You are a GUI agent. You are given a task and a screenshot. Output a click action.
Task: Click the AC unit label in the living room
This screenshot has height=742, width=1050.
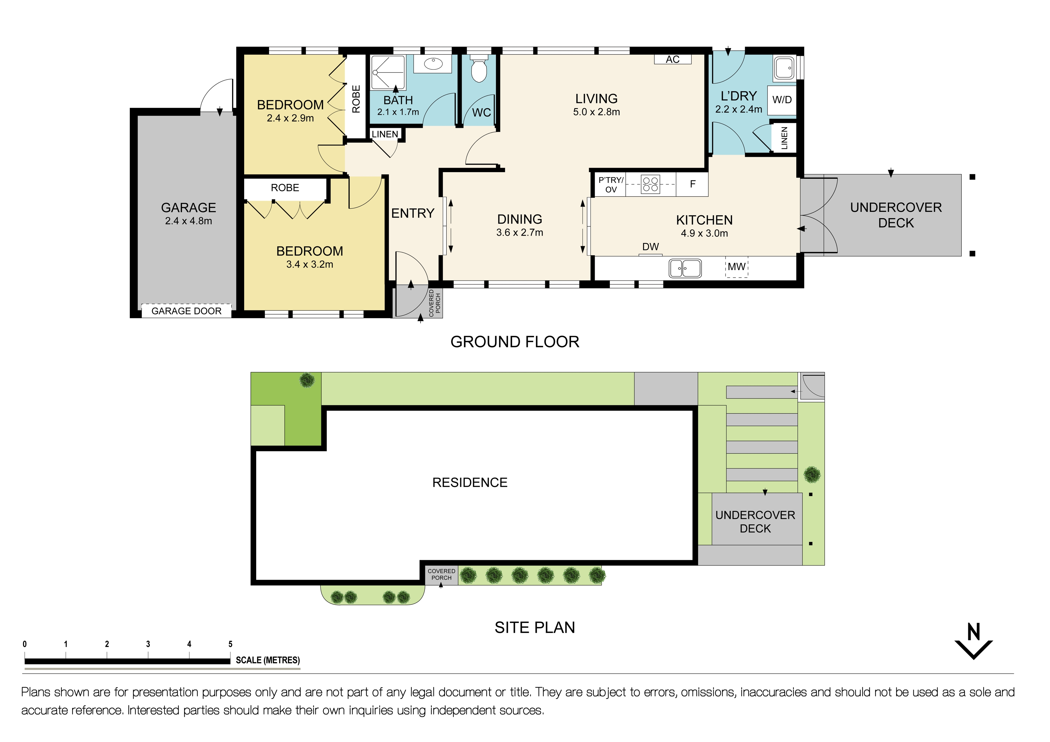[672, 59]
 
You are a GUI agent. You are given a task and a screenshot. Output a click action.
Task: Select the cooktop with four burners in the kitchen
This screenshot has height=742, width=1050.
[650, 184]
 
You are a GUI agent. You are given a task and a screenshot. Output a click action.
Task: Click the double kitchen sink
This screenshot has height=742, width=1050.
[685, 268]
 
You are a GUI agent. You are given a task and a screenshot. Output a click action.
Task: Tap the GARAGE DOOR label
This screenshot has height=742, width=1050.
[186, 311]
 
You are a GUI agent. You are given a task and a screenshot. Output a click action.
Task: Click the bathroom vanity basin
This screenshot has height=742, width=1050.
[433, 64]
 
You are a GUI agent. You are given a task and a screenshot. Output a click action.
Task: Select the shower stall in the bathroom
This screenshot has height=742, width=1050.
[387, 72]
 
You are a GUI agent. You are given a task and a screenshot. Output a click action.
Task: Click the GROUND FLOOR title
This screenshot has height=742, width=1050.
[515, 342]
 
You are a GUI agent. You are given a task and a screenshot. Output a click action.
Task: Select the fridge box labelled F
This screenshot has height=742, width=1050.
[692, 184]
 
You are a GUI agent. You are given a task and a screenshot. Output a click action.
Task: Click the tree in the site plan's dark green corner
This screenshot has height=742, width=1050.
[307, 380]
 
